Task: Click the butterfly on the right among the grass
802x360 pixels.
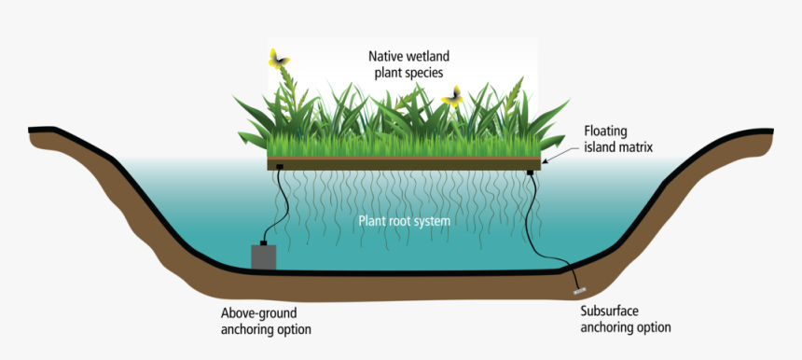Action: [x=454, y=96]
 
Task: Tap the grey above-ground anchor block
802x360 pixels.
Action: [x=265, y=256]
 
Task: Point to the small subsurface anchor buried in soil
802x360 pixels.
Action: [x=578, y=291]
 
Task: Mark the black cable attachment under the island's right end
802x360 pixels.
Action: [x=531, y=173]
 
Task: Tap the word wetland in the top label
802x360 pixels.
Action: [x=431, y=57]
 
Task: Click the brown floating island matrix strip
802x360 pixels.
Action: [x=401, y=163]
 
